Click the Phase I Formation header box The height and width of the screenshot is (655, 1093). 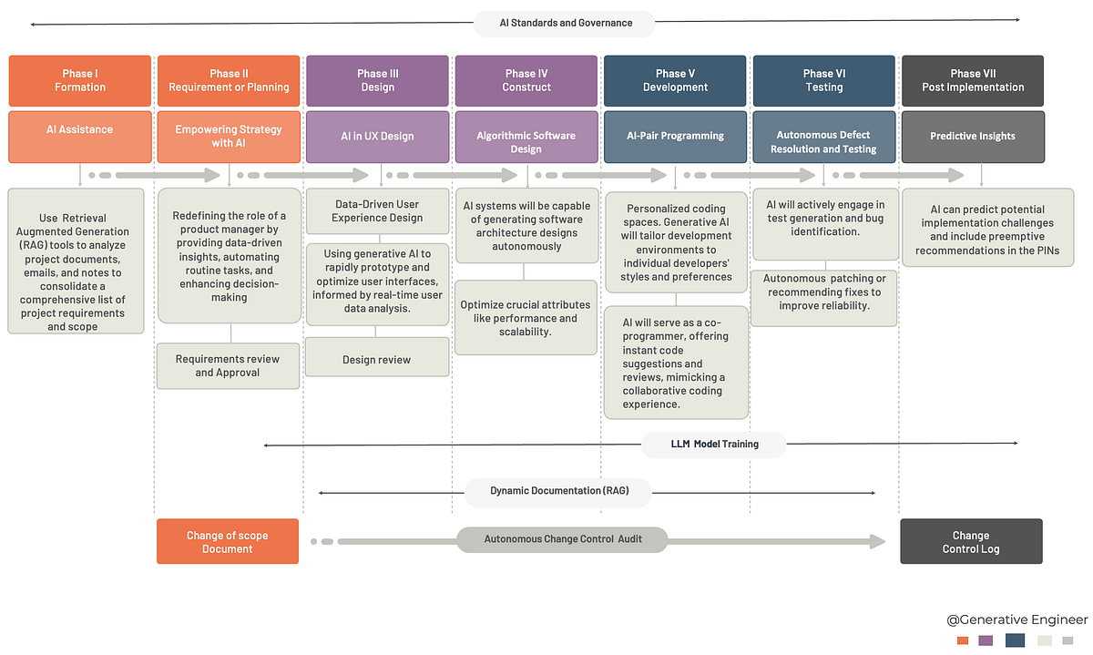click(x=79, y=80)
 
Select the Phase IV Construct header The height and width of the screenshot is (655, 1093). click(x=526, y=80)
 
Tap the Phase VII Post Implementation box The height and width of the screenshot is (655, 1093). click(x=972, y=80)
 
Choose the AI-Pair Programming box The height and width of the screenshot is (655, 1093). click(x=675, y=136)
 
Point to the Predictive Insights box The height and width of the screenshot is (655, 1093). click(x=972, y=136)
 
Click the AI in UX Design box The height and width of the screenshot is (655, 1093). click(x=377, y=136)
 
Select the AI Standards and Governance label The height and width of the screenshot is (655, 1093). click(x=565, y=23)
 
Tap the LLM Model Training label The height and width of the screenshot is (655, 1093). click(x=714, y=445)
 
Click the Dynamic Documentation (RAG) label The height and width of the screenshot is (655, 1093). click(x=558, y=491)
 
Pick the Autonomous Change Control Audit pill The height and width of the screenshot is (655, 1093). click(x=562, y=539)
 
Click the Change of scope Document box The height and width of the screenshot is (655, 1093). click(x=228, y=542)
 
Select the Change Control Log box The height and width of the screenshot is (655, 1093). click(x=971, y=542)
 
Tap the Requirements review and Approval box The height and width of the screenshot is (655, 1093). click(x=228, y=365)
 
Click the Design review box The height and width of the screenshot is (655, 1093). click(x=376, y=359)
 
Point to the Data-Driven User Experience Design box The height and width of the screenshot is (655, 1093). click(x=377, y=211)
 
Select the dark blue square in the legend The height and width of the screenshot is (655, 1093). click(x=1015, y=640)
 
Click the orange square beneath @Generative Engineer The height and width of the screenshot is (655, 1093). click(x=963, y=640)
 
